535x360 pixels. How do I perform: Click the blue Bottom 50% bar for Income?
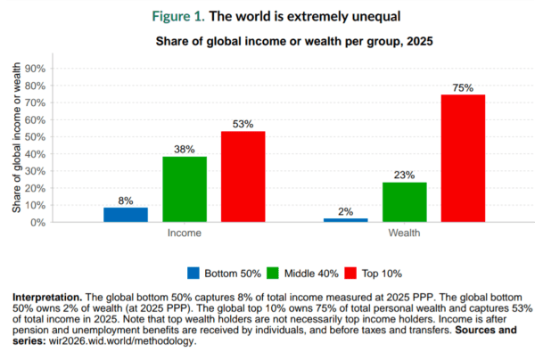pyautogui.click(x=126, y=214)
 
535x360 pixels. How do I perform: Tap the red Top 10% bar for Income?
pyautogui.click(x=243, y=176)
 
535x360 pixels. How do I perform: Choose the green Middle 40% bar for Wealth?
pyautogui.click(x=404, y=202)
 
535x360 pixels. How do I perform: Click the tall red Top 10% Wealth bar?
pyautogui.click(x=463, y=158)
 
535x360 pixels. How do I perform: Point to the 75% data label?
pyautogui.click(x=463, y=87)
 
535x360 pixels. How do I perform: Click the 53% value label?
pyautogui.click(x=243, y=125)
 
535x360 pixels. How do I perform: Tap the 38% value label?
pyautogui.click(x=185, y=150)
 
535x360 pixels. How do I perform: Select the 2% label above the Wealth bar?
pyautogui.click(x=345, y=211)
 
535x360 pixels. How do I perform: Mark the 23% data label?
pyautogui.click(x=404, y=176)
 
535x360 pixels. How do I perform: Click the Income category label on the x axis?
pyautogui.click(x=185, y=233)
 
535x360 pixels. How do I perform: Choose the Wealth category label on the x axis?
pyautogui.click(x=404, y=233)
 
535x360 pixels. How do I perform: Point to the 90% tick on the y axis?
pyautogui.click(x=59, y=69)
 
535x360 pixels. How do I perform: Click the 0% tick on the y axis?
pyautogui.click(x=62, y=222)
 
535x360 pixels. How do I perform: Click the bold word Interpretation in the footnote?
pyautogui.click(x=50, y=295)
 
